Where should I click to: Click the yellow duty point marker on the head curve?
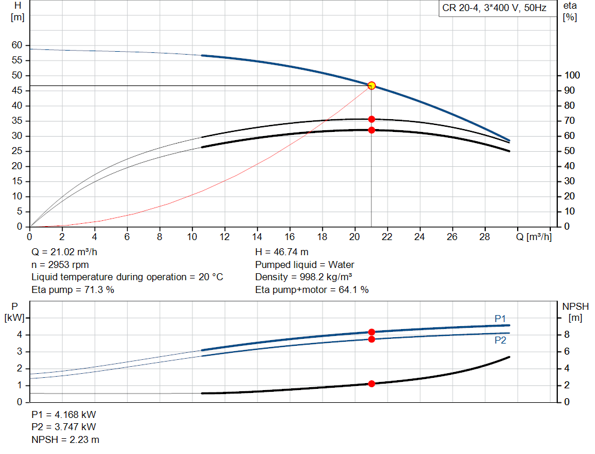(371, 85)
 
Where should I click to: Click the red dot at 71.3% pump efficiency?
(371, 119)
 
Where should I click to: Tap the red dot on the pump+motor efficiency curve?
(371, 130)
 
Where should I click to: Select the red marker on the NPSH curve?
(371, 384)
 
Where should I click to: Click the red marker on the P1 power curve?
(371, 332)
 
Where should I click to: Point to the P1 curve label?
(500, 318)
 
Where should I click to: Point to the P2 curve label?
(500, 340)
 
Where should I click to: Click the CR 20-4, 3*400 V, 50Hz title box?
(494, 9)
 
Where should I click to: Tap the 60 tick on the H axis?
(17, 45)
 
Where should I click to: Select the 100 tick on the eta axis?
(572, 76)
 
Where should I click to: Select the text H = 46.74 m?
(282, 252)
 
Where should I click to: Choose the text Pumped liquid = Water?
(305, 264)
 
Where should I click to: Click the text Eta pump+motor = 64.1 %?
(312, 289)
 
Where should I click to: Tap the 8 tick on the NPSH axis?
(567, 335)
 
